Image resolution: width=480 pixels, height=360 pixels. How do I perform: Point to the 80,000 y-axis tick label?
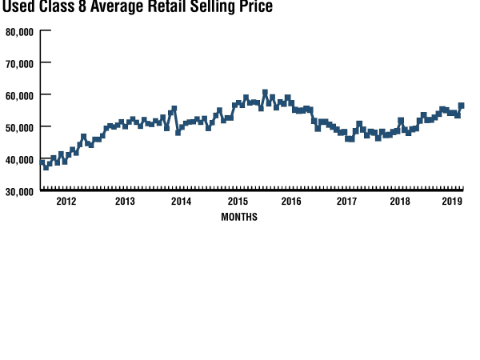click(18, 32)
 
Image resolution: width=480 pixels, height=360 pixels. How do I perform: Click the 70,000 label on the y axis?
click(18, 63)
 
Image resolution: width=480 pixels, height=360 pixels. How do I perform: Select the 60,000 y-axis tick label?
click(18, 95)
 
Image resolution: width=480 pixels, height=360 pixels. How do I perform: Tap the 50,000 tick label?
click(18, 127)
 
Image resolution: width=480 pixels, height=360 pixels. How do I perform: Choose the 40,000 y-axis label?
click(18, 159)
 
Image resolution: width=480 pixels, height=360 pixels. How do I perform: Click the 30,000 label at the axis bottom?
click(18, 191)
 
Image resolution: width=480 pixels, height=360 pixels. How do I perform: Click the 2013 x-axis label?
click(125, 202)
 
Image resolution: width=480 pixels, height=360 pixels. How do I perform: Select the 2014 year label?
click(181, 202)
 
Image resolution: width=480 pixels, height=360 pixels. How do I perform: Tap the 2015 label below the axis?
click(238, 202)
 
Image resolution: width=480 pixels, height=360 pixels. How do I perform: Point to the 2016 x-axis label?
click(290, 202)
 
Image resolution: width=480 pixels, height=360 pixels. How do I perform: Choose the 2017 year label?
click(346, 202)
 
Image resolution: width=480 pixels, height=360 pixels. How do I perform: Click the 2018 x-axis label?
click(400, 202)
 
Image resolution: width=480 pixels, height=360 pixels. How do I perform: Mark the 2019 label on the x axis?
click(453, 202)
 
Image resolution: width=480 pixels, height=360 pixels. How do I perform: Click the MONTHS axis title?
click(239, 217)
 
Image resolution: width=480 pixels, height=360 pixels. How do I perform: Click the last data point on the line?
click(461, 106)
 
